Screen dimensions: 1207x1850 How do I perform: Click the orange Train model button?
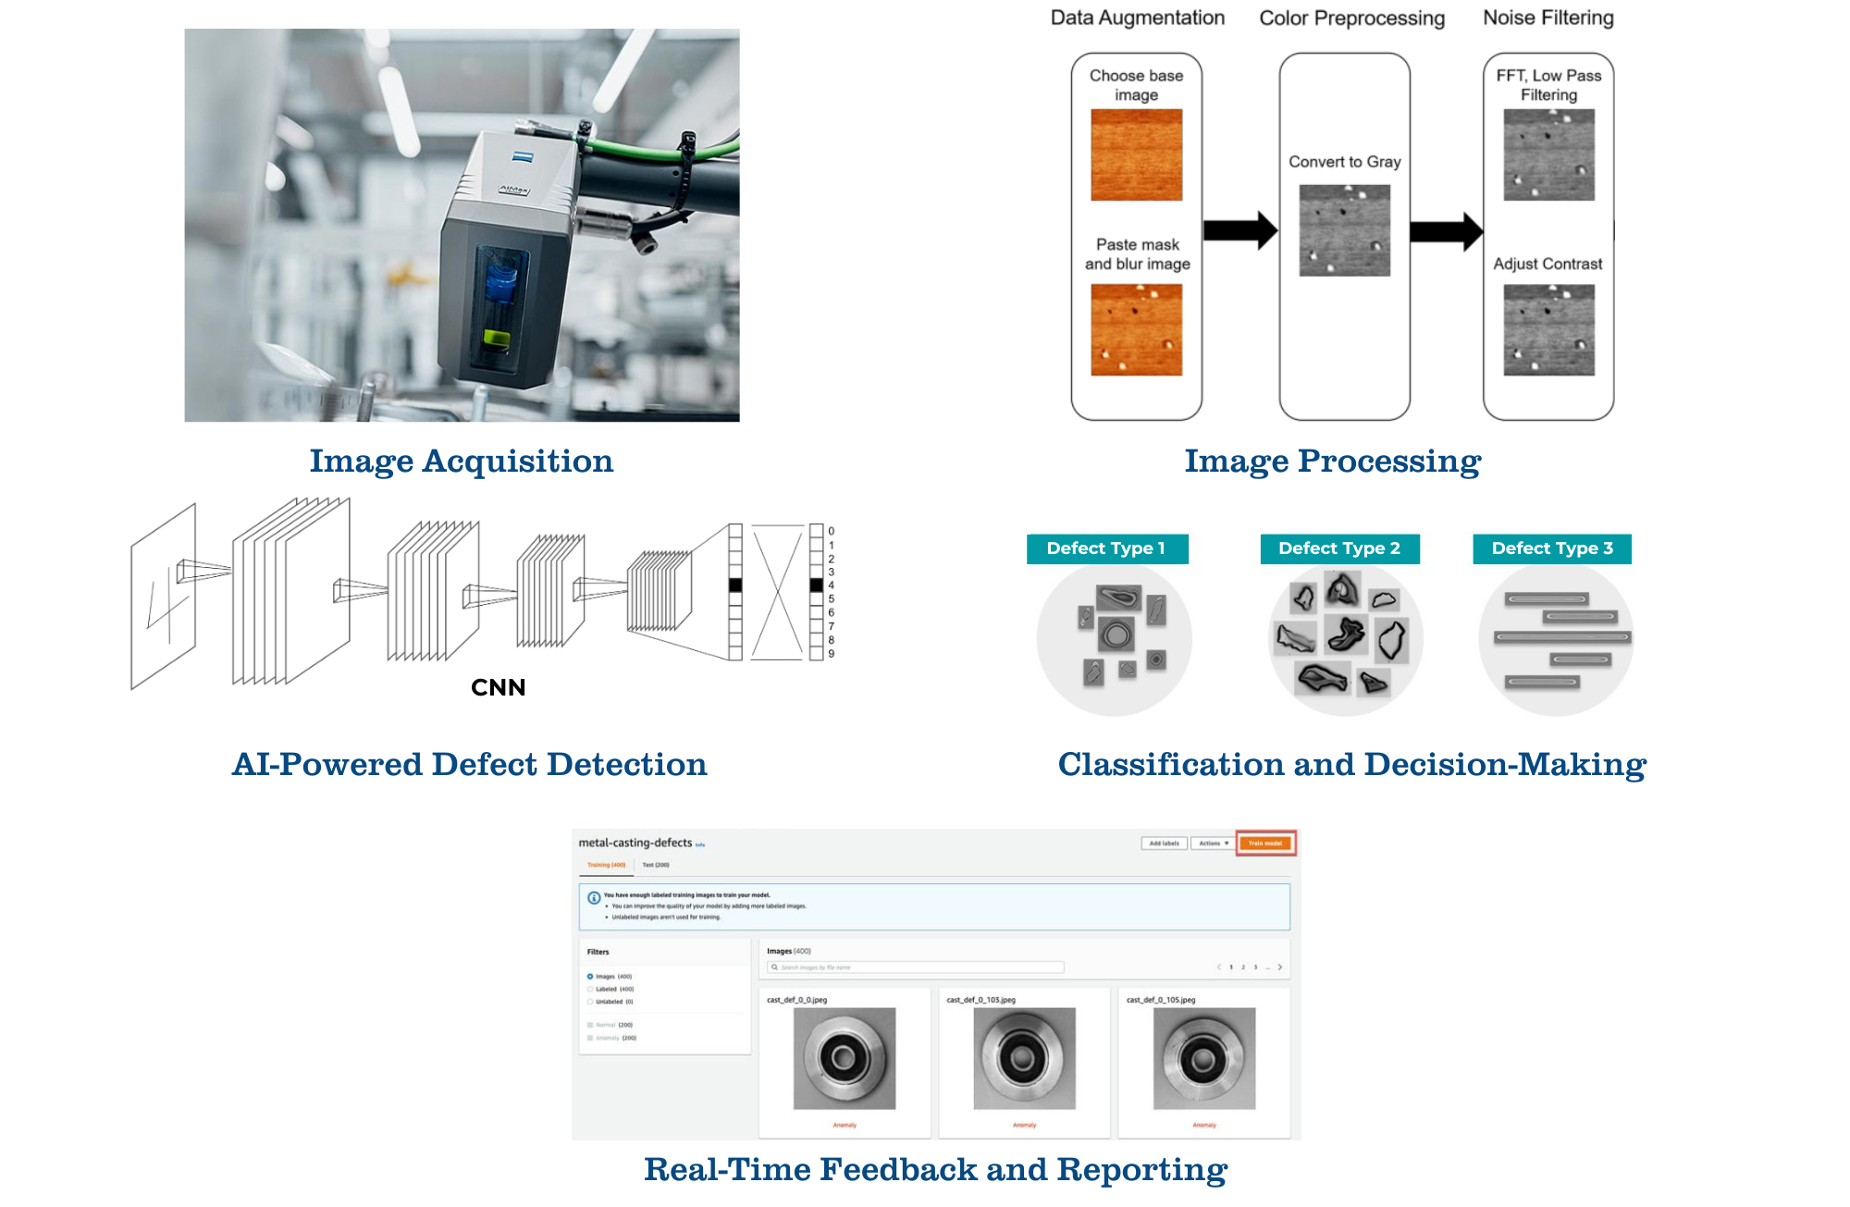tap(1265, 844)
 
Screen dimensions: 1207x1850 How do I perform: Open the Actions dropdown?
tap(1213, 844)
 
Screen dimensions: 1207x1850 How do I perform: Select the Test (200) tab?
tap(656, 865)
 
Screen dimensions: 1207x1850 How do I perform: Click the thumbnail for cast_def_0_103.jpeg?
tap(1024, 1058)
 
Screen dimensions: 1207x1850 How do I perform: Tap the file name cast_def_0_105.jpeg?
tap(1160, 1000)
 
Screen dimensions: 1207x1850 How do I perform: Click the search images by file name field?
tap(916, 967)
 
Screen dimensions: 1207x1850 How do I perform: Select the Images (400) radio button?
tap(590, 977)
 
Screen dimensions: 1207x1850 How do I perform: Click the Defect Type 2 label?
tap(1338, 548)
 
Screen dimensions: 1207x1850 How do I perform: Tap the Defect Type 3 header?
tap(1551, 548)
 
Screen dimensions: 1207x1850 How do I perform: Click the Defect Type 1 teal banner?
tap(1106, 548)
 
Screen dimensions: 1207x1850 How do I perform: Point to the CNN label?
tap(498, 687)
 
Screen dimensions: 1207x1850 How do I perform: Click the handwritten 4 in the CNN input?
tap(166, 606)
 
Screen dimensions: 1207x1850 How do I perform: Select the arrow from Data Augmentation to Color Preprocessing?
tap(1239, 230)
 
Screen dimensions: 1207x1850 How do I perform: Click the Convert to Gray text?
tap(1344, 162)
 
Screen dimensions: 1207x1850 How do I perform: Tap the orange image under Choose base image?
tap(1136, 154)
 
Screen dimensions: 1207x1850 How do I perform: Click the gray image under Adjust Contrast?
tap(1548, 329)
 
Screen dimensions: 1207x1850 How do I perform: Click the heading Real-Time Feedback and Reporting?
tap(935, 1170)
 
